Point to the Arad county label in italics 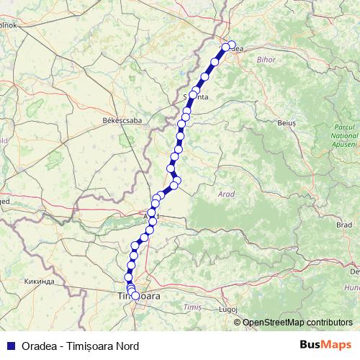point(226,194)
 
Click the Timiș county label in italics point(192,307)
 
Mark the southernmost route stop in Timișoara point(135,296)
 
